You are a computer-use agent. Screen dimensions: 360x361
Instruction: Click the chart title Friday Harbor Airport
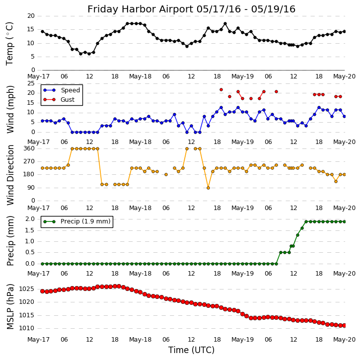(191, 9)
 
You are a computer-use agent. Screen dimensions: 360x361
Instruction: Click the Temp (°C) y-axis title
(10, 43)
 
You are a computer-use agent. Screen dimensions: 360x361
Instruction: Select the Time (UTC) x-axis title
(191, 350)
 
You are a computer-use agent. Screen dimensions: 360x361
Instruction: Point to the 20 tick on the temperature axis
(31, 16)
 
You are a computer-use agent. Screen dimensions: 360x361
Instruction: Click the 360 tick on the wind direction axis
(29, 148)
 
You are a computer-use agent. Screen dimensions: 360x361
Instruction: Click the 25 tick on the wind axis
(31, 83)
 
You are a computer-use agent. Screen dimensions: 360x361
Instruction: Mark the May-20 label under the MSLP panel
(344, 340)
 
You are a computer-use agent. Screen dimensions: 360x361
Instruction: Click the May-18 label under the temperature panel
(141, 76)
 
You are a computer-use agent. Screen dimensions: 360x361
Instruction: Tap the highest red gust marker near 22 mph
(221, 90)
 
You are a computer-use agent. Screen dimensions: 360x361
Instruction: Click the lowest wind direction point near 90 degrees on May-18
(208, 188)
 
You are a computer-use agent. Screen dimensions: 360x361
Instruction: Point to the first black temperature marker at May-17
(42, 31)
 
